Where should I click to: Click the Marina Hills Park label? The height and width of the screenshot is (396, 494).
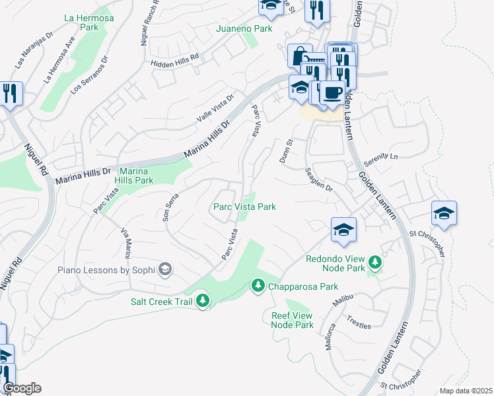point(134,175)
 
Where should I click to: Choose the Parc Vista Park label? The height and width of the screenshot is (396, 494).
point(244,207)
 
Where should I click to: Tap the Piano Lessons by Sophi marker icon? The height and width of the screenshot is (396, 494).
point(165,269)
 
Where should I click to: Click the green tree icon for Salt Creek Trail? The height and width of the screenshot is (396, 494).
point(203,302)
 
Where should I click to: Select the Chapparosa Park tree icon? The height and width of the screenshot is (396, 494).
point(258,286)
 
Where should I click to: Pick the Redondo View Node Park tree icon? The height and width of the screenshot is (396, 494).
point(375,263)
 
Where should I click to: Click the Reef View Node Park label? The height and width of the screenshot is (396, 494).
point(293,320)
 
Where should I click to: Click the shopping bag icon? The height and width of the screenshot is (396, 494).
point(300,55)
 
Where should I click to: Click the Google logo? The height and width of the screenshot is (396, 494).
point(21,388)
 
